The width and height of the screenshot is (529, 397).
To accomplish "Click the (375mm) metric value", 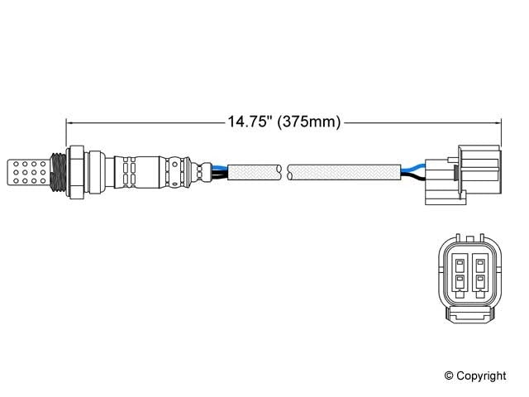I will click(309, 122).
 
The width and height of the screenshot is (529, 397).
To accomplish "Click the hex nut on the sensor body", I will click(76, 171).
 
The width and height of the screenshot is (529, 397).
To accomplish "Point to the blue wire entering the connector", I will click(410, 168).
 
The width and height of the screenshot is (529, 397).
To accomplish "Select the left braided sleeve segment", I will click(253, 171).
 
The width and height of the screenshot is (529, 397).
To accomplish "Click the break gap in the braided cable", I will click(284, 171).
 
